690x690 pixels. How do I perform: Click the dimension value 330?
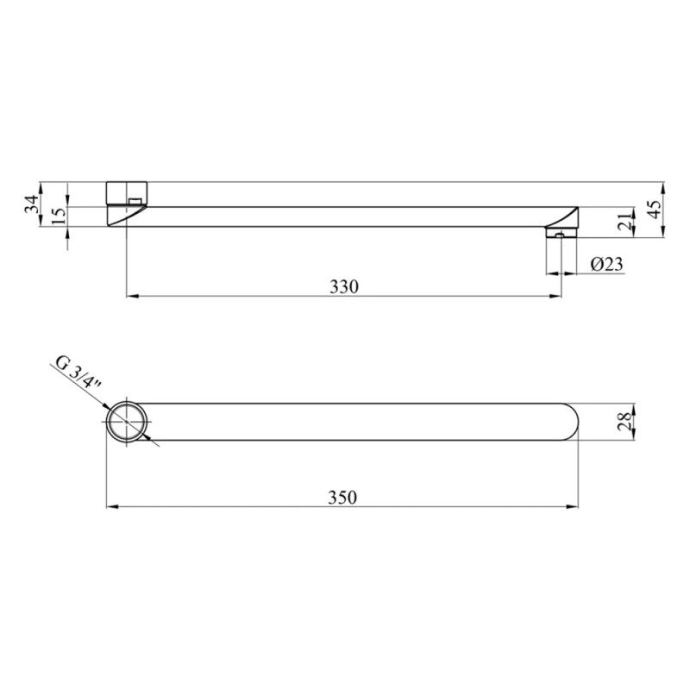pos(344,287)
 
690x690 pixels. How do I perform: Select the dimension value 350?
pos(342,498)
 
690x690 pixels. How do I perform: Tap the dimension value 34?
pos(31,204)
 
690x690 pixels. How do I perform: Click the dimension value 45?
pos(655,210)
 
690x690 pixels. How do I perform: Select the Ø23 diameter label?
pos(607,264)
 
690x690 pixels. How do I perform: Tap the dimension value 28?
pos(626,422)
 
